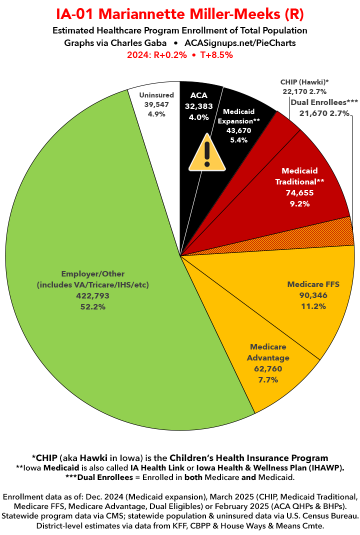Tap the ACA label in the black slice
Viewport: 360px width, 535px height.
[x=198, y=95]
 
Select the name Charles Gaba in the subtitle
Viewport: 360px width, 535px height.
[x=142, y=43]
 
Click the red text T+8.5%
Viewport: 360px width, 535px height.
[x=213, y=55]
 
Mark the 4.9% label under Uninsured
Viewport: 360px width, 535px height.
[x=156, y=113]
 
